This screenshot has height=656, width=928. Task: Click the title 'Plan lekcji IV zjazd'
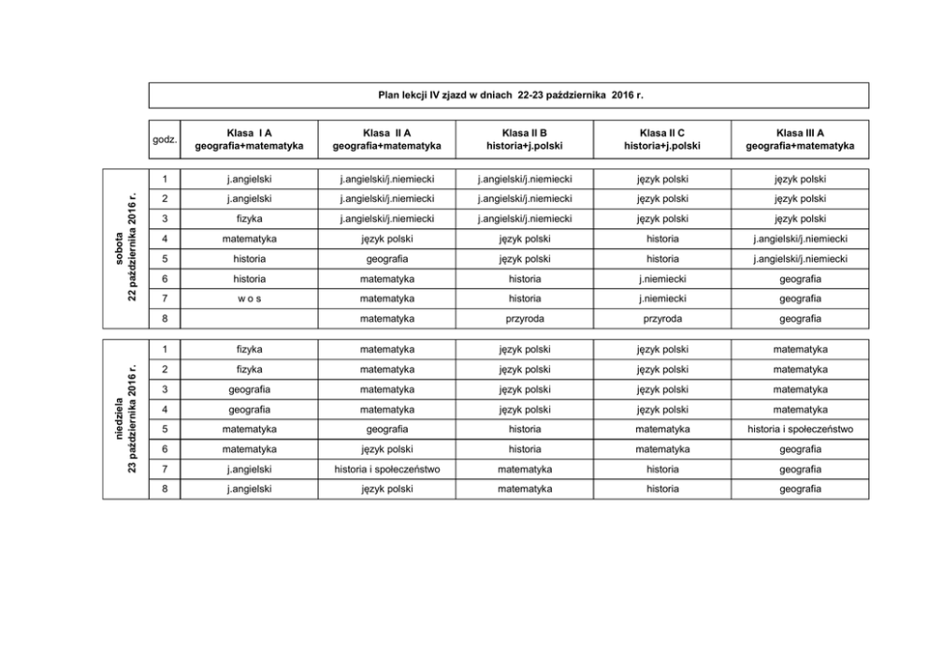pyautogui.click(x=510, y=95)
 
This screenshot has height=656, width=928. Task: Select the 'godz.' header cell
pyautogui.click(x=164, y=139)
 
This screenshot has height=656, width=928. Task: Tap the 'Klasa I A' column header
pyautogui.click(x=249, y=139)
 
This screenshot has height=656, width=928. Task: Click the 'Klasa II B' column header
pyautogui.click(x=524, y=139)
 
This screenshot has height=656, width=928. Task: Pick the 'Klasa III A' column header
pyautogui.click(x=800, y=139)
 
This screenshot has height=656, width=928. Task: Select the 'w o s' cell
pyautogui.click(x=249, y=299)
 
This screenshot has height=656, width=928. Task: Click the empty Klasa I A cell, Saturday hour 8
pyautogui.click(x=249, y=318)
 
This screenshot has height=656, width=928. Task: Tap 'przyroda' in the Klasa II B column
pyautogui.click(x=524, y=318)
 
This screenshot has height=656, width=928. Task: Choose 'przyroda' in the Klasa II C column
pyautogui.click(x=662, y=318)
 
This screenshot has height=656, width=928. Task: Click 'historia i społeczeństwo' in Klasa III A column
pyautogui.click(x=800, y=429)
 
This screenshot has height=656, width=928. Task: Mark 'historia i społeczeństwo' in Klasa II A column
pyautogui.click(x=386, y=469)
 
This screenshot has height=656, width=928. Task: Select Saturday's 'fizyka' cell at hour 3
pyautogui.click(x=249, y=219)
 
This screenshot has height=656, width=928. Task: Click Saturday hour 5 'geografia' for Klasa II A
pyautogui.click(x=386, y=258)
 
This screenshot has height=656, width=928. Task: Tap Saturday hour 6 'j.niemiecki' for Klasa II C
pyautogui.click(x=662, y=279)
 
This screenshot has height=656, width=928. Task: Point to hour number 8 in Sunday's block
pyautogui.click(x=164, y=488)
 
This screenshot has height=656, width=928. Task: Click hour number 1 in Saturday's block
pyautogui.click(x=164, y=179)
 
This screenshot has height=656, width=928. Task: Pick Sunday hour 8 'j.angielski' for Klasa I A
pyautogui.click(x=249, y=488)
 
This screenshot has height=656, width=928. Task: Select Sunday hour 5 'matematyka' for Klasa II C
pyautogui.click(x=662, y=429)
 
